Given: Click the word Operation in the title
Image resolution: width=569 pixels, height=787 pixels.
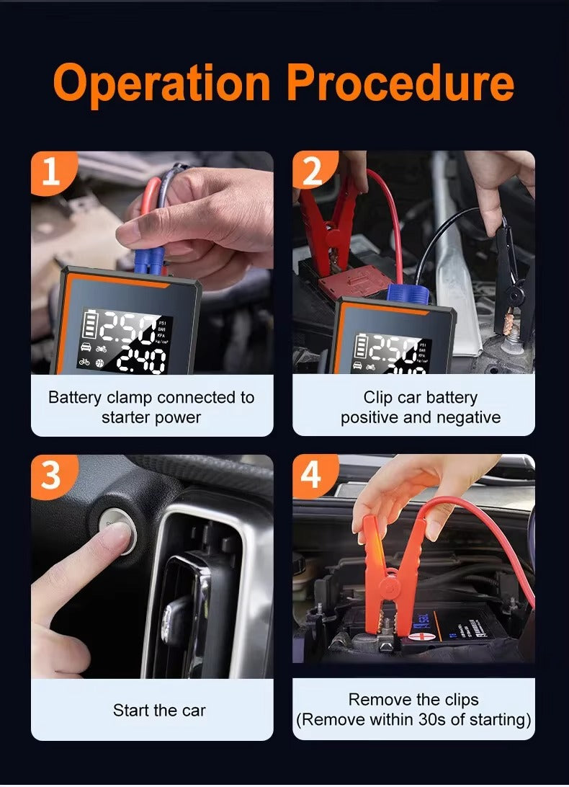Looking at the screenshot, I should pyautogui.click(x=162, y=85).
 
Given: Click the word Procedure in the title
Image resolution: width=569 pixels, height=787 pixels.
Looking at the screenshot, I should pyautogui.click(x=400, y=85).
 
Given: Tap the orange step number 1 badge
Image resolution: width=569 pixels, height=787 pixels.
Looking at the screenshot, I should pyautogui.click(x=51, y=172).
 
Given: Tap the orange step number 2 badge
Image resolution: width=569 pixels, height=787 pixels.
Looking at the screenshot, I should pyautogui.click(x=312, y=172).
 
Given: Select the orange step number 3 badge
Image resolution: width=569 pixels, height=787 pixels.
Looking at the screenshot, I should pyautogui.click(x=51, y=475).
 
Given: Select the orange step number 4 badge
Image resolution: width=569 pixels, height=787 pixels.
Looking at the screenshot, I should pyautogui.click(x=312, y=475).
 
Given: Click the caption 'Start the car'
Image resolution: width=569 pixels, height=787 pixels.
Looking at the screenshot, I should pyautogui.click(x=159, y=711).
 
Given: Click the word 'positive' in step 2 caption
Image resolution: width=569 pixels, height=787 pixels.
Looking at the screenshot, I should pyautogui.click(x=370, y=417).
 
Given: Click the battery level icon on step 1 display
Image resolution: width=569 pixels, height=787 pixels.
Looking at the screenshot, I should pyautogui.click(x=89, y=326).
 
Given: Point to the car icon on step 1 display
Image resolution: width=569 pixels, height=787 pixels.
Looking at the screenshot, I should pyautogui.click(x=86, y=348).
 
